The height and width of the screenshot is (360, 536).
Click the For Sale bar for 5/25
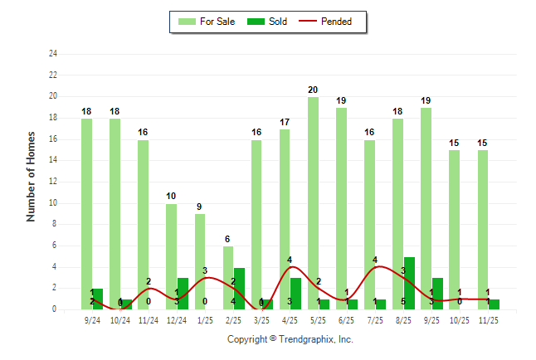point(313,203)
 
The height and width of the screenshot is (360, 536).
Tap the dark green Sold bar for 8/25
point(409,283)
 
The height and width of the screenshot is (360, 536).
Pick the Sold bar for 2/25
point(239,289)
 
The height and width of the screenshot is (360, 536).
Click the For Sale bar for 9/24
point(86,214)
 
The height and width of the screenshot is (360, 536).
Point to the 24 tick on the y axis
point(53,54)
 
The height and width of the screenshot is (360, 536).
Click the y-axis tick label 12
point(53,182)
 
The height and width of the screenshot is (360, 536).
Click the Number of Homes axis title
point(32,176)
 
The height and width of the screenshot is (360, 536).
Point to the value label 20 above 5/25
point(313,90)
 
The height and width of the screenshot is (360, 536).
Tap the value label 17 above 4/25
point(285,122)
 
